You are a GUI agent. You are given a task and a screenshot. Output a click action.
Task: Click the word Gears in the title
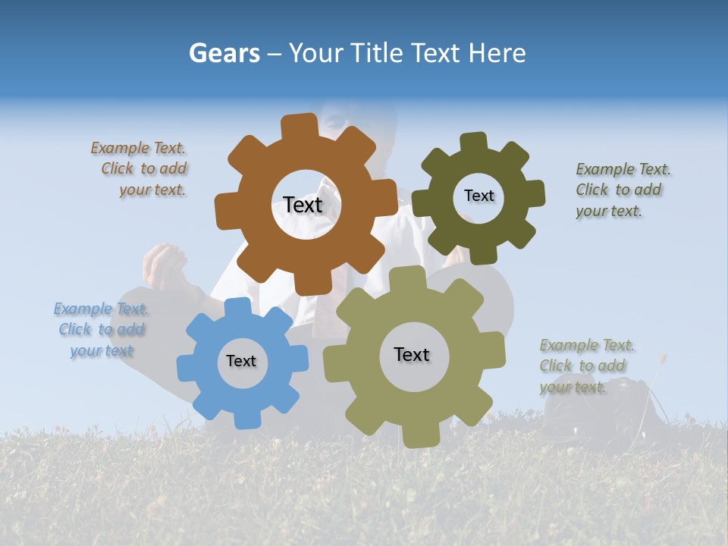point(224,53)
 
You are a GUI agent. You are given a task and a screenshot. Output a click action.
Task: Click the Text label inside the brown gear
point(303,205)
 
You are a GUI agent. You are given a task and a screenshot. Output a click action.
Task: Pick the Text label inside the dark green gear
point(479,196)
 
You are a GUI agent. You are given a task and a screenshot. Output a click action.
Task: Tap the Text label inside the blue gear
point(241,361)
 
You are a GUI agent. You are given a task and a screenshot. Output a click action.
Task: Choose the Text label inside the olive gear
point(412,354)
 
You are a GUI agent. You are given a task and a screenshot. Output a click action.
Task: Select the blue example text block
point(102,330)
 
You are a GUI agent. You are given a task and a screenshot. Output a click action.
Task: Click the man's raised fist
point(165,265)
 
